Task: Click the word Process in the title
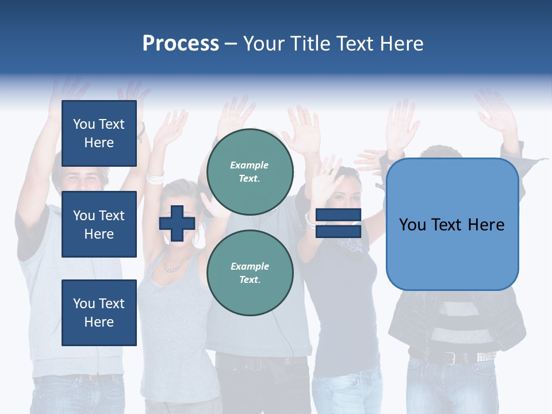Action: pyautogui.click(x=181, y=44)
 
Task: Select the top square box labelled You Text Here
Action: pyautogui.click(x=99, y=133)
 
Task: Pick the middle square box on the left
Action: pyautogui.click(x=99, y=224)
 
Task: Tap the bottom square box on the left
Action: pyautogui.click(x=99, y=312)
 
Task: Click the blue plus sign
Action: pyautogui.click(x=177, y=223)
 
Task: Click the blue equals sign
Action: pyautogui.click(x=339, y=223)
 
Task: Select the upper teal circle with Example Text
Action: pyautogui.click(x=250, y=171)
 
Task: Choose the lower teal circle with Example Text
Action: pyautogui.click(x=250, y=273)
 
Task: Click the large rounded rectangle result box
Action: pyautogui.click(x=452, y=224)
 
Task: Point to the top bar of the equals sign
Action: pyautogui.click(x=339, y=215)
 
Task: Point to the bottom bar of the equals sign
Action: pyautogui.click(x=339, y=231)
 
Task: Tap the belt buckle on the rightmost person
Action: pyautogui.click(x=450, y=358)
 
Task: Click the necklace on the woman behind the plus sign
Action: pyautogui.click(x=172, y=267)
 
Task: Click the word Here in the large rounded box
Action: pyautogui.click(x=486, y=225)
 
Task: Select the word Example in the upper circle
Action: pyautogui.click(x=250, y=165)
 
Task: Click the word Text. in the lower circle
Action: pyautogui.click(x=250, y=279)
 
